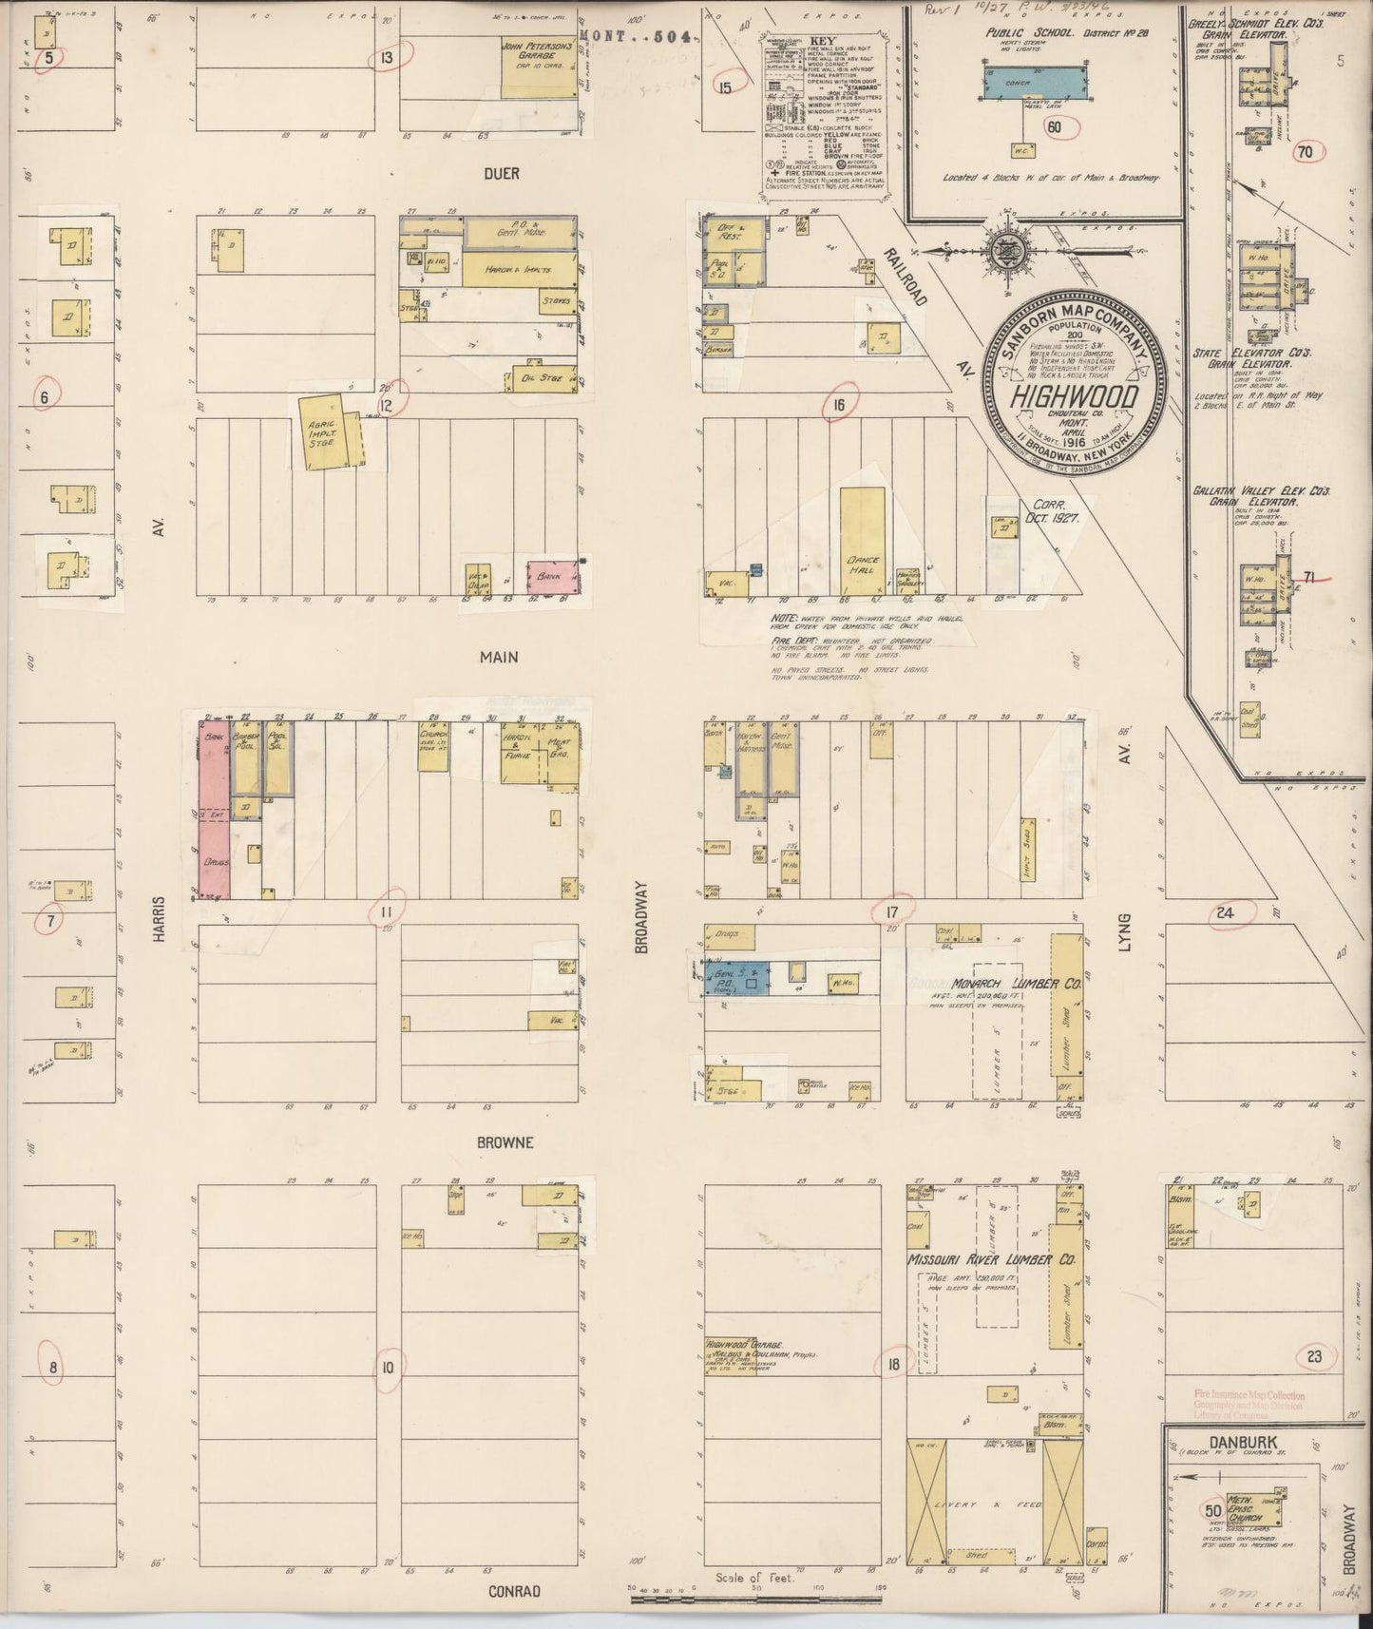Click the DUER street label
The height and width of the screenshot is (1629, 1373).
click(501, 174)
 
